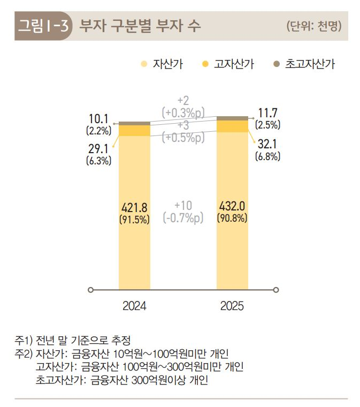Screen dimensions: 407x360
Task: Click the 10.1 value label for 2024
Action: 98,119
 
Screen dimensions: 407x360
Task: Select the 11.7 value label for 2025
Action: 267,114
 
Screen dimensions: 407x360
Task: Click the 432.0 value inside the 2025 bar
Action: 232,206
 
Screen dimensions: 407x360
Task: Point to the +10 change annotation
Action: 183,206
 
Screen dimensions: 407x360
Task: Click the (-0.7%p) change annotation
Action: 183,218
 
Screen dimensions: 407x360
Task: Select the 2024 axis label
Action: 134,306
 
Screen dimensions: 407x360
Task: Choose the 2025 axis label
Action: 232,306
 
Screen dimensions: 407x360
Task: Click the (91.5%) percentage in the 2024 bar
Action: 134,218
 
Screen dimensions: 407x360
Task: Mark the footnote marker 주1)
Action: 24,340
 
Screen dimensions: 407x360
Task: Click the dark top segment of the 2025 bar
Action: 232,118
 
